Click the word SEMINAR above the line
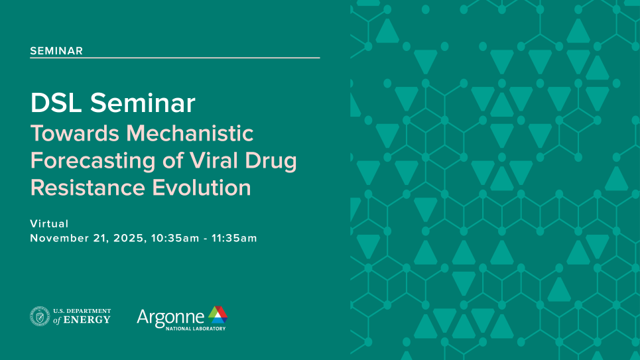tap(56, 50)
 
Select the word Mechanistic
tap(190, 133)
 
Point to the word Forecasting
tap(93, 161)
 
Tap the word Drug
tap(271, 161)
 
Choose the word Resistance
tap(88, 188)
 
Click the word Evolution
tap(202, 188)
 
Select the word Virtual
tap(49, 223)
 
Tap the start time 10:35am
tap(175, 238)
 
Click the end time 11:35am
tap(234, 238)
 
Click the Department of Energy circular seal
tap(40, 316)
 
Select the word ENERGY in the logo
tap(87, 320)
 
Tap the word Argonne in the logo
tap(170, 317)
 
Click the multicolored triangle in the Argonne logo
tap(218, 315)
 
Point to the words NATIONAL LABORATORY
tap(196, 329)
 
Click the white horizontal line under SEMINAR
tap(175, 58)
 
